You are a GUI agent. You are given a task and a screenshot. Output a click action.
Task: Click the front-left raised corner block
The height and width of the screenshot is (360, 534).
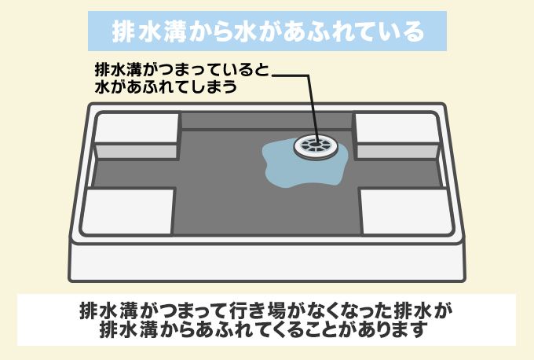(127, 211)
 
